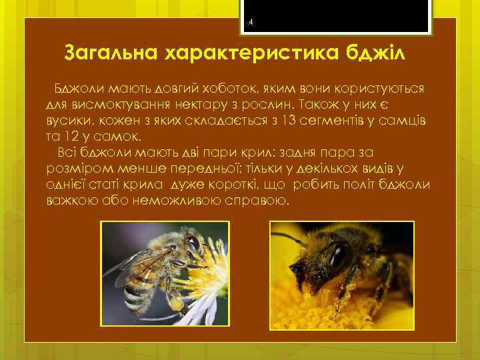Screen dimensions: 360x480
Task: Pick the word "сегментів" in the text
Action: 343,121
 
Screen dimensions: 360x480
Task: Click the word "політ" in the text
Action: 356,185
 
